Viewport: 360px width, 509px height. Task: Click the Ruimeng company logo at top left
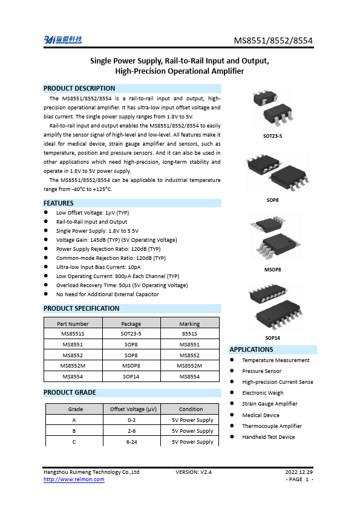tap(63, 40)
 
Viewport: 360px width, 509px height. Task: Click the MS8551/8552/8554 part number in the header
tap(273, 41)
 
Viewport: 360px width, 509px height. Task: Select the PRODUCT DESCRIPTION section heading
tap(79, 88)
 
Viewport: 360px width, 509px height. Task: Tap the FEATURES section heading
tap(59, 203)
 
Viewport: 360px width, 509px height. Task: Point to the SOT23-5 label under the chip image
tap(272, 136)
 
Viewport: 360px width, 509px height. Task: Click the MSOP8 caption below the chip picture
tap(272, 270)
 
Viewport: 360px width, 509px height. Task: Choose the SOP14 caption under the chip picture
tap(272, 337)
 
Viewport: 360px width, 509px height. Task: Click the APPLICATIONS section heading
tap(251, 349)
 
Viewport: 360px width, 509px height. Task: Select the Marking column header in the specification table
tap(189, 324)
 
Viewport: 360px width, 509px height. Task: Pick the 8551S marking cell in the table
tap(189, 333)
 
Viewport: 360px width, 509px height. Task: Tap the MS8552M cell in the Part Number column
tap(73, 366)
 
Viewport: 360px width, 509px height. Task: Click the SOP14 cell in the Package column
tap(131, 377)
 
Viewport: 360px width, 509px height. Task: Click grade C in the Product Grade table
tap(74, 442)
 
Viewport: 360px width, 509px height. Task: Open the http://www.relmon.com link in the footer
tap(74, 479)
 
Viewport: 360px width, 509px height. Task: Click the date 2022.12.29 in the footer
tap(299, 472)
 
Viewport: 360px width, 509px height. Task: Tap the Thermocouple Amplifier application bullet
tap(272, 426)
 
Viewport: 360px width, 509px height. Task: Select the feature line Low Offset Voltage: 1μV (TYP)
tap(92, 213)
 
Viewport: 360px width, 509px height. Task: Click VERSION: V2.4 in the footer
tap(194, 472)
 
